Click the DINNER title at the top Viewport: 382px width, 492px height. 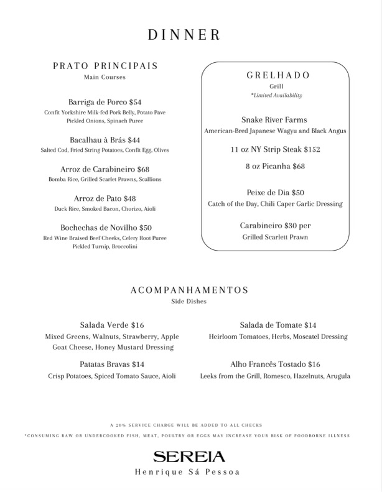[x=184, y=35]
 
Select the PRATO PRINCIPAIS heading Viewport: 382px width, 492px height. [x=105, y=66]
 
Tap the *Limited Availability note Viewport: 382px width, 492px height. [x=276, y=95]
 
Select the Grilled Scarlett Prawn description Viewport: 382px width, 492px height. [x=275, y=237]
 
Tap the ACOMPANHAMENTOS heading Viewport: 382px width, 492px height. [x=190, y=290]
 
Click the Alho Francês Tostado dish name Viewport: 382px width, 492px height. [x=268, y=364]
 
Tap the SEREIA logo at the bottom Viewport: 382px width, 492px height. [x=187, y=457]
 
